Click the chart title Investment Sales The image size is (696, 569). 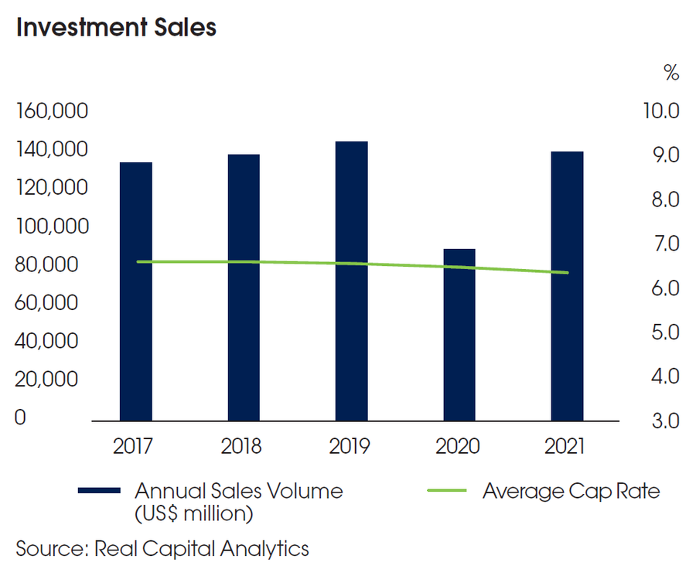pos(116,27)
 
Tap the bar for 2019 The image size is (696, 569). pos(351,281)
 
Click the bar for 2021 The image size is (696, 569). pos(566,286)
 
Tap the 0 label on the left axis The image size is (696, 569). pos(20,418)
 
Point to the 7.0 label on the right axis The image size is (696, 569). pos(664,244)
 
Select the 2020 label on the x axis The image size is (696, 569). pos(459,447)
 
